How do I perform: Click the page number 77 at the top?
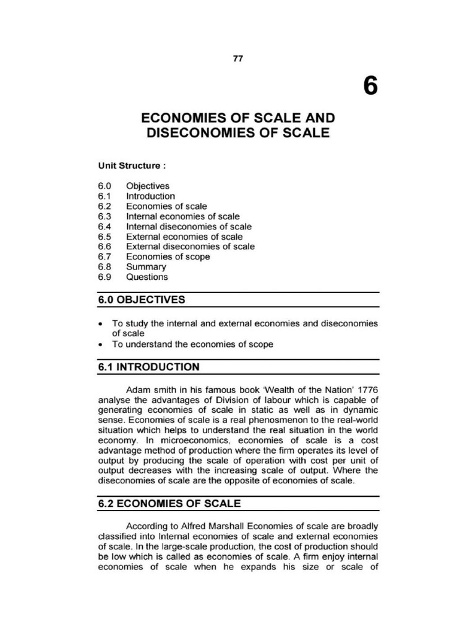coord(237,58)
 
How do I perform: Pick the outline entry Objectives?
coord(147,186)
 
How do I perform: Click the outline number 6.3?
coord(103,216)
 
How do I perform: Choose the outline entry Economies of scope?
coord(168,257)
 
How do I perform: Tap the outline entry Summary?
coord(146,267)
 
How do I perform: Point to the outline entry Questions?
coord(147,277)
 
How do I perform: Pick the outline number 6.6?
coord(103,247)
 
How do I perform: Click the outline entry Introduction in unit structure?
coord(150,196)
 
